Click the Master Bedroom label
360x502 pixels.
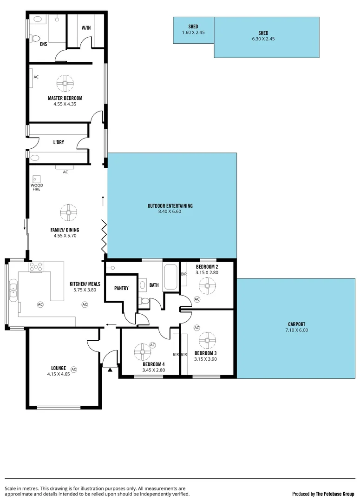65,98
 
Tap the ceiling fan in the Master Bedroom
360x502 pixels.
65,84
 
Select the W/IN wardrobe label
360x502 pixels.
86,28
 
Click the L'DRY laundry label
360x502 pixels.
59,142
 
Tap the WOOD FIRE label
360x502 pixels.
37,187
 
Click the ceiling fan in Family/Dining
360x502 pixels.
68,213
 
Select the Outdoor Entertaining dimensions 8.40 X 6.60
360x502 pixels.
170,212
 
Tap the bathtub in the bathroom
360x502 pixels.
170,278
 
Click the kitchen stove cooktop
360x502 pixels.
36,267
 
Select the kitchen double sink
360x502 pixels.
13,288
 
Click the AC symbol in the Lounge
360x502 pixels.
73,370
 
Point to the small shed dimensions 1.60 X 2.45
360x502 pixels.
194,33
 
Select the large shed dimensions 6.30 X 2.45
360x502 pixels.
263,39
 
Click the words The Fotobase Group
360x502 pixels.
335,494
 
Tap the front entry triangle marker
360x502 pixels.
110,370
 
